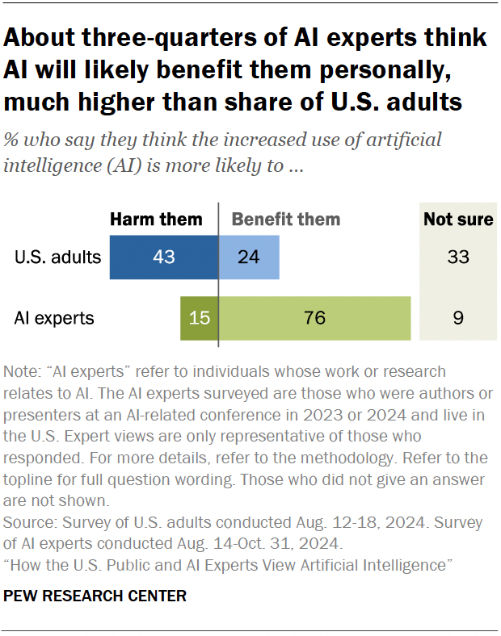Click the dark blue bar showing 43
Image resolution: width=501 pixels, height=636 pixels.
pos(163,258)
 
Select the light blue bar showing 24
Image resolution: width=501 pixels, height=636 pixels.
pos(249,258)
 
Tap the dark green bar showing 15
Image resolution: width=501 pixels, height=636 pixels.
pos(199,318)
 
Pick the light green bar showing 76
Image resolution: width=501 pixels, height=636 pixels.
pos(315,318)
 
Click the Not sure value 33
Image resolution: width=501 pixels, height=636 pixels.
pos(457,258)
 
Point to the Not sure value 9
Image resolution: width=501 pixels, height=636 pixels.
pos(457,318)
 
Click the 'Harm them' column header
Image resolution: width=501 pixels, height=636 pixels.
pos(156,220)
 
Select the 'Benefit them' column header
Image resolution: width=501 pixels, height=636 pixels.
pos(286,220)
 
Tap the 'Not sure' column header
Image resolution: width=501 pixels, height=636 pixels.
pos(457,220)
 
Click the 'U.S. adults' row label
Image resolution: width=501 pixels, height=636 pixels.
pos(57,258)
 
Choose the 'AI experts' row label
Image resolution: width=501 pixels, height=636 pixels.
pos(54,318)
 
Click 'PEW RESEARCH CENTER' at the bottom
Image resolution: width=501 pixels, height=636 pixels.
pos(95,596)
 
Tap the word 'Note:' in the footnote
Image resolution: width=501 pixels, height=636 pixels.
pos(23,372)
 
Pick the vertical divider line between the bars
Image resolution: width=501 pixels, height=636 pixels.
pos(218,282)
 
